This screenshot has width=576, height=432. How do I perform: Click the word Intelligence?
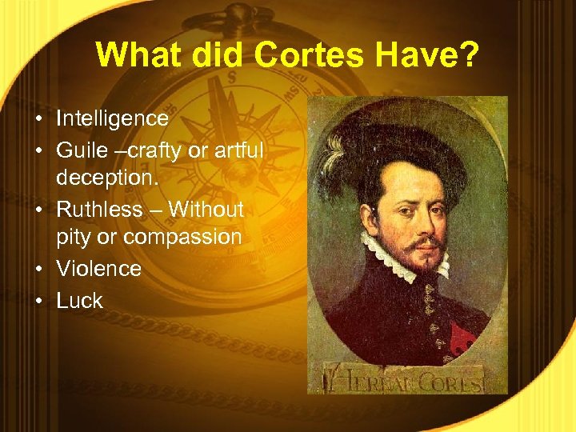pyautogui.click(x=112, y=118)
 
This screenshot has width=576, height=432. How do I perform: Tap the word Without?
pyautogui.click(x=206, y=209)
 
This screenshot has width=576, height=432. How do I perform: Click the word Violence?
pyautogui.click(x=98, y=268)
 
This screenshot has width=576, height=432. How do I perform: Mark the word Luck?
pyautogui.click(x=79, y=300)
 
